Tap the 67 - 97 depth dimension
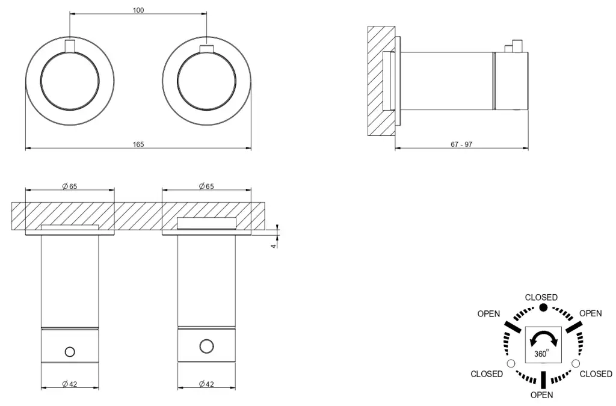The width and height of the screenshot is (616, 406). [462, 144]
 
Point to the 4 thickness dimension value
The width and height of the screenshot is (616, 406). [273, 245]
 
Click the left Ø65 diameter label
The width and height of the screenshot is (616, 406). [70, 186]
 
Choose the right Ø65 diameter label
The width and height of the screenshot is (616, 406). [206, 186]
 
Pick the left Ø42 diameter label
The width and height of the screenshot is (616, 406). [70, 384]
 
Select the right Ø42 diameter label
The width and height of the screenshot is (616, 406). [206, 384]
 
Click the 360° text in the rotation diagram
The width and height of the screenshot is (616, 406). [541, 354]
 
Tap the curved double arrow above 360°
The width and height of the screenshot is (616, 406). [543, 339]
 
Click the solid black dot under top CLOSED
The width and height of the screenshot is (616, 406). [543, 307]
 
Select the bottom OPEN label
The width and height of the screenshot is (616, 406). [541, 395]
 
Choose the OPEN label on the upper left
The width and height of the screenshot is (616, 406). [489, 314]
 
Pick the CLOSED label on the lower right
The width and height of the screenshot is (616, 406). [596, 374]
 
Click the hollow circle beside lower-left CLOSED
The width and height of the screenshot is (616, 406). [511, 364]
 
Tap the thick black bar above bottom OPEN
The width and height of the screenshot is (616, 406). [543, 380]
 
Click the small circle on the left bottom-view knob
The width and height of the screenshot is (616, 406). [70, 351]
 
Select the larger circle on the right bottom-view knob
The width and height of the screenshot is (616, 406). [206, 346]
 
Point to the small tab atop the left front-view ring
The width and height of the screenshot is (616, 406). [70, 46]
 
